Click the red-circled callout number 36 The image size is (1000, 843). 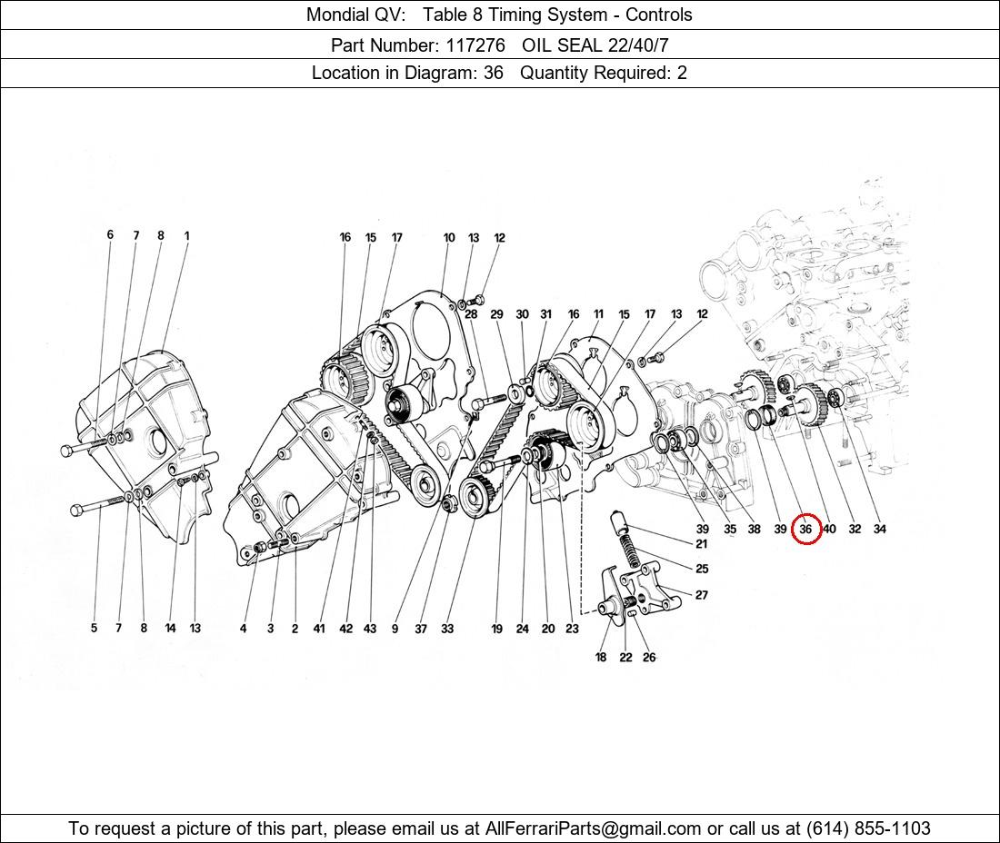coord(805,529)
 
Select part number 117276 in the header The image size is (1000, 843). coord(475,45)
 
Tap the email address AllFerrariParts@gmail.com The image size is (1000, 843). coord(593,828)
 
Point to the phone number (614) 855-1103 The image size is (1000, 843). coord(868,828)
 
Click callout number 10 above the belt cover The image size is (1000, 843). coord(449,238)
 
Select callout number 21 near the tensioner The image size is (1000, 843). coord(702,543)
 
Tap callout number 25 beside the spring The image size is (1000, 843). coord(702,569)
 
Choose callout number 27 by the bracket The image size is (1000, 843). coord(702,594)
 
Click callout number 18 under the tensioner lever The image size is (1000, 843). coord(601,657)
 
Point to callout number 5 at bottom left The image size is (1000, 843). coord(94,629)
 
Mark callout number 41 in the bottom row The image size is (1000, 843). coord(319,629)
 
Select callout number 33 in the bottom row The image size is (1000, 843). coord(447,629)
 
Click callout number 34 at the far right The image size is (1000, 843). coord(879,529)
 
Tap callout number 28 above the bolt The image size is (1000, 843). coord(471,314)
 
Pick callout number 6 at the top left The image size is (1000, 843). coord(110,234)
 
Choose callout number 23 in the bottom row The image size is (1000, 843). coord(572,629)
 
